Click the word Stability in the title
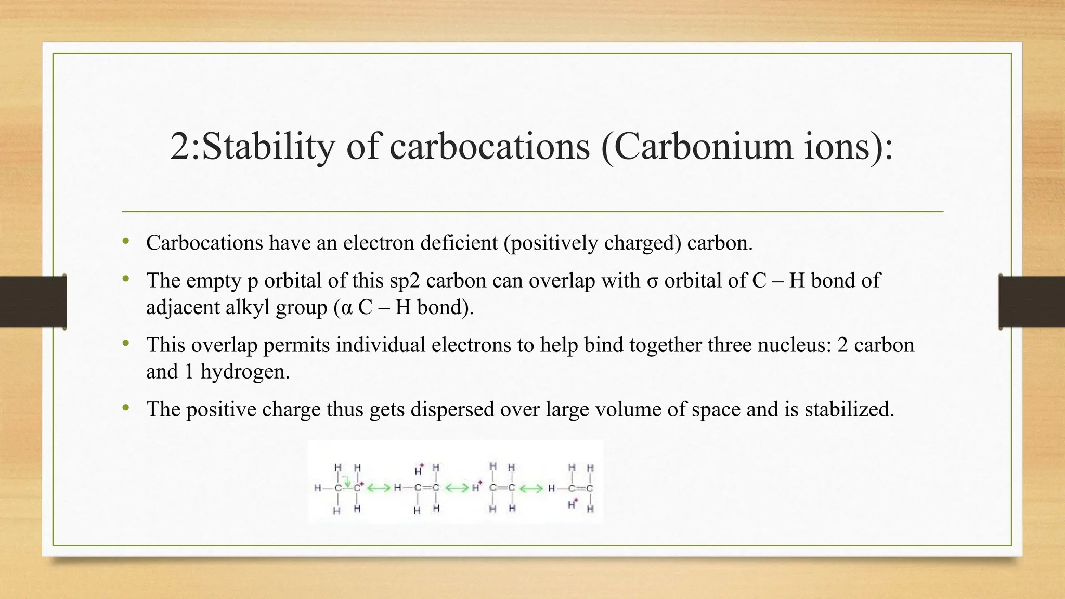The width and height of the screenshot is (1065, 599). click(x=268, y=147)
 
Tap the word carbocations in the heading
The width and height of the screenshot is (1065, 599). click(x=489, y=147)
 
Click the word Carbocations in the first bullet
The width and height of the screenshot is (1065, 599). click(x=204, y=243)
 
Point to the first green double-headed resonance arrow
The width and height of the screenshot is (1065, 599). click(x=379, y=488)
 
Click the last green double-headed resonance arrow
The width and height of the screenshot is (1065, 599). click(x=531, y=488)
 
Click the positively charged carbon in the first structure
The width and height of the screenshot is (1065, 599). click(x=357, y=488)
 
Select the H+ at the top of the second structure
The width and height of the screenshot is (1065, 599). click(x=419, y=471)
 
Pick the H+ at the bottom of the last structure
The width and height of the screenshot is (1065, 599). click(x=573, y=504)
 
